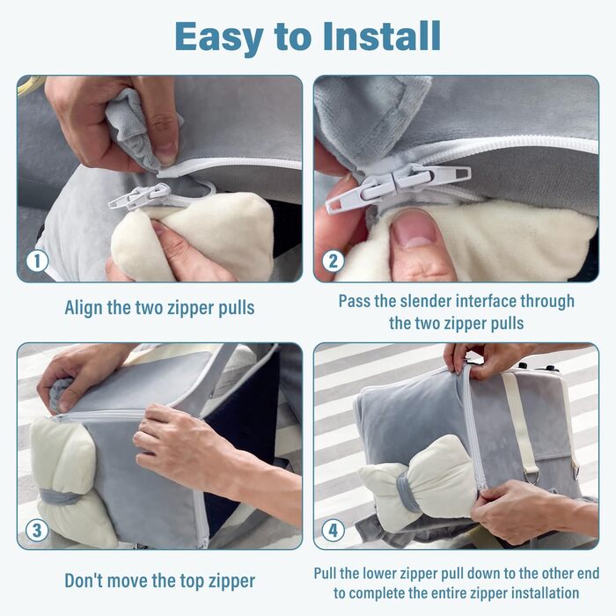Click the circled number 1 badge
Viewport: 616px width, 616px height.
point(37,261)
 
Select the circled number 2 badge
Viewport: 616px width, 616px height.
point(334,261)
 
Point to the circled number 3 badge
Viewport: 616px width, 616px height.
point(37,531)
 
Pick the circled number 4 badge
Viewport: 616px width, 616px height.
point(334,531)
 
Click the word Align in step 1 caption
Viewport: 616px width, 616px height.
point(84,308)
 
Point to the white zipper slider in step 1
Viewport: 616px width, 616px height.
point(141,196)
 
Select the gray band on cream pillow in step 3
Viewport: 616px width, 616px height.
point(60,497)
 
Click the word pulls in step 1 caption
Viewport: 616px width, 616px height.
point(237,309)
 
